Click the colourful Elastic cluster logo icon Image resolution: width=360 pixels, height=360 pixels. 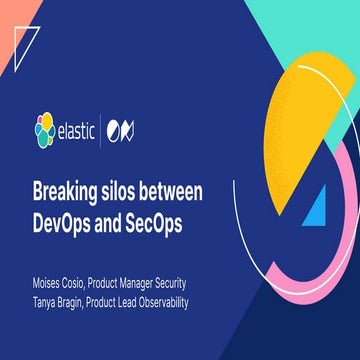point(44,129)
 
